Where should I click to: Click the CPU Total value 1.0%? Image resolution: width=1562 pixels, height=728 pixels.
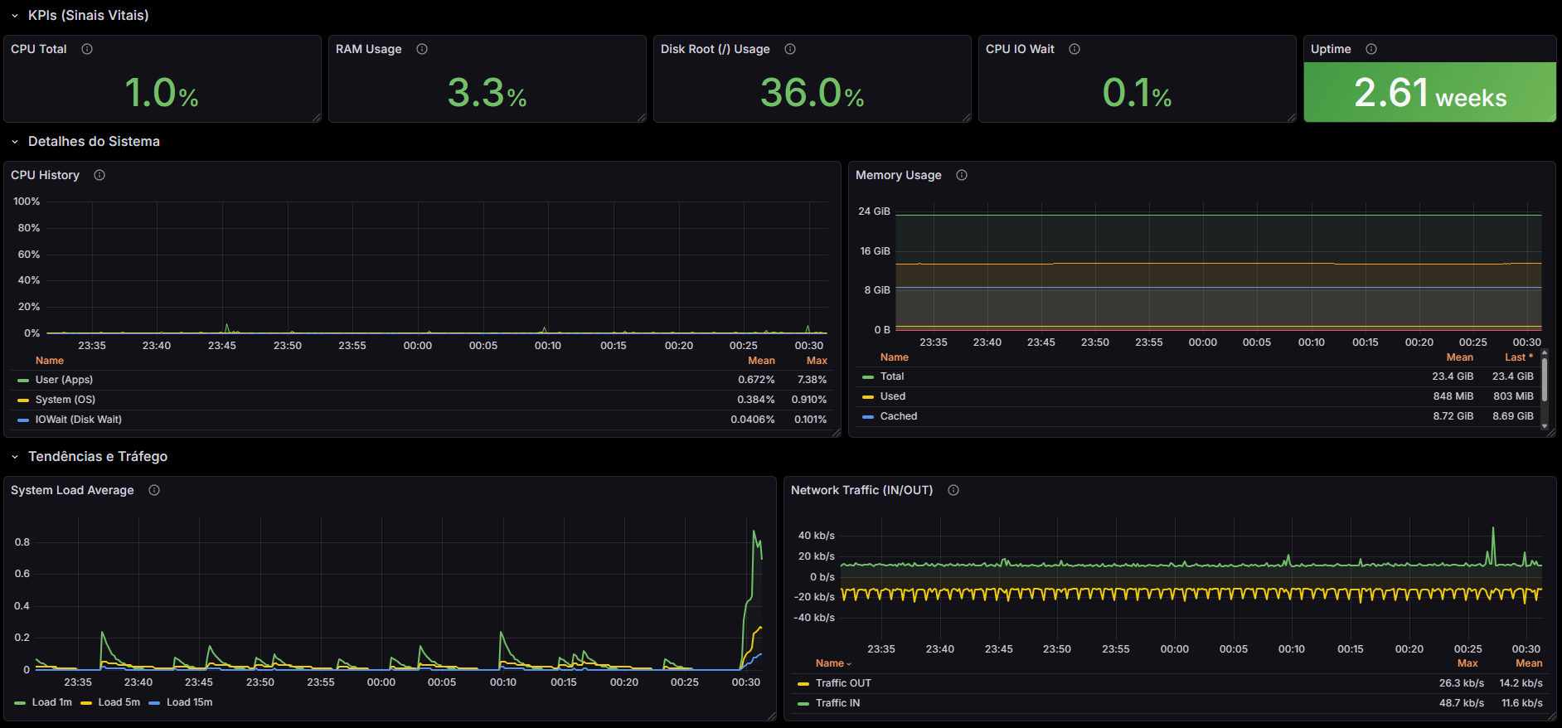coord(162,93)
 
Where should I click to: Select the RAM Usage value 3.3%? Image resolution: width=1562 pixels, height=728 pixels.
coord(487,93)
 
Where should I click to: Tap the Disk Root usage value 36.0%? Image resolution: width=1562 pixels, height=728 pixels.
coord(812,93)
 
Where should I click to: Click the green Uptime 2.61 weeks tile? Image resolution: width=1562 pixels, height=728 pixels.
coord(1429,93)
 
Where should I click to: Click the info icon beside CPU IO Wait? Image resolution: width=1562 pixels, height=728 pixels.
coord(1074,49)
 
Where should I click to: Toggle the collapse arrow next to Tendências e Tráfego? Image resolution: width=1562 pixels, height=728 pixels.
coord(15,457)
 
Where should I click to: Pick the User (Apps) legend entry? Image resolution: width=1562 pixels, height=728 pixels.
coord(64,380)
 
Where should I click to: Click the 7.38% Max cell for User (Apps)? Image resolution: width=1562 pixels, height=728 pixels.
coord(812,380)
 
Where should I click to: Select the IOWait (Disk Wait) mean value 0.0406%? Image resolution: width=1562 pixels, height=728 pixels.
coord(752,420)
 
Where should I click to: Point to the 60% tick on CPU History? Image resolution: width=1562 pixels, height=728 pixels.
coord(29,255)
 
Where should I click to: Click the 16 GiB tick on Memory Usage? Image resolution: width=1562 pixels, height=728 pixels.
coord(875,250)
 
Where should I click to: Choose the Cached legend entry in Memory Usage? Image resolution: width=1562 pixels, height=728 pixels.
coord(898,416)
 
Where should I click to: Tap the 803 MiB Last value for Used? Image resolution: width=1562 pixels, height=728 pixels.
coord(1513,396)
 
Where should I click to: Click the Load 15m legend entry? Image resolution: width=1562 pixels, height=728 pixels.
coord(189,702)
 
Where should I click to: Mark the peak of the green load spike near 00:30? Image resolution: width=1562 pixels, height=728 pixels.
coord(754,531)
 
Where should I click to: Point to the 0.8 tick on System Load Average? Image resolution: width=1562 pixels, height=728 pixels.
coord(22,542)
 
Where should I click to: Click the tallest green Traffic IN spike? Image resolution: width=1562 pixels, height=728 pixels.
coord(1493,528)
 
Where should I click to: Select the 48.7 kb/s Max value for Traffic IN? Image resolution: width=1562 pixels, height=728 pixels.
coord(1461,703)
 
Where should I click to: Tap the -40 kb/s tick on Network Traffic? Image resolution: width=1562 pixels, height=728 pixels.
coord(814,618)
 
